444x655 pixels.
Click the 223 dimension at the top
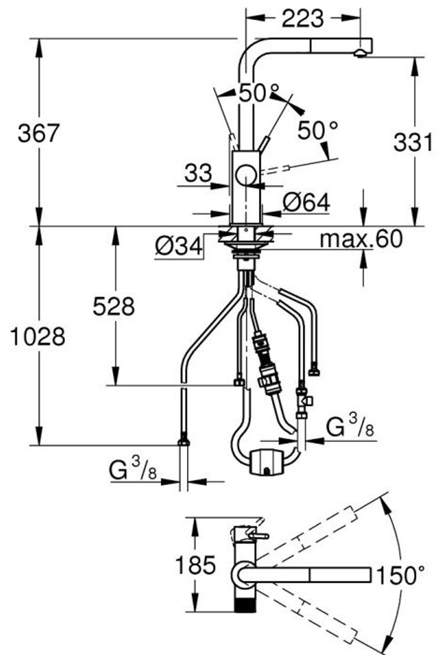(303, 18)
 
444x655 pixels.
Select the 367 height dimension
(39, 133)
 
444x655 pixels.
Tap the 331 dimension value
(413, 142)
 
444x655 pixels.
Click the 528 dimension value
(114, 307)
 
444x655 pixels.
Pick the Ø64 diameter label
(306, 202)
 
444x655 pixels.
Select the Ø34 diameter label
(178, 246)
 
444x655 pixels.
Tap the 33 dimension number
(198, 173)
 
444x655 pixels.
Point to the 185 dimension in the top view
(195, 564)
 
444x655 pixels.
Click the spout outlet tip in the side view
(360, 54)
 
